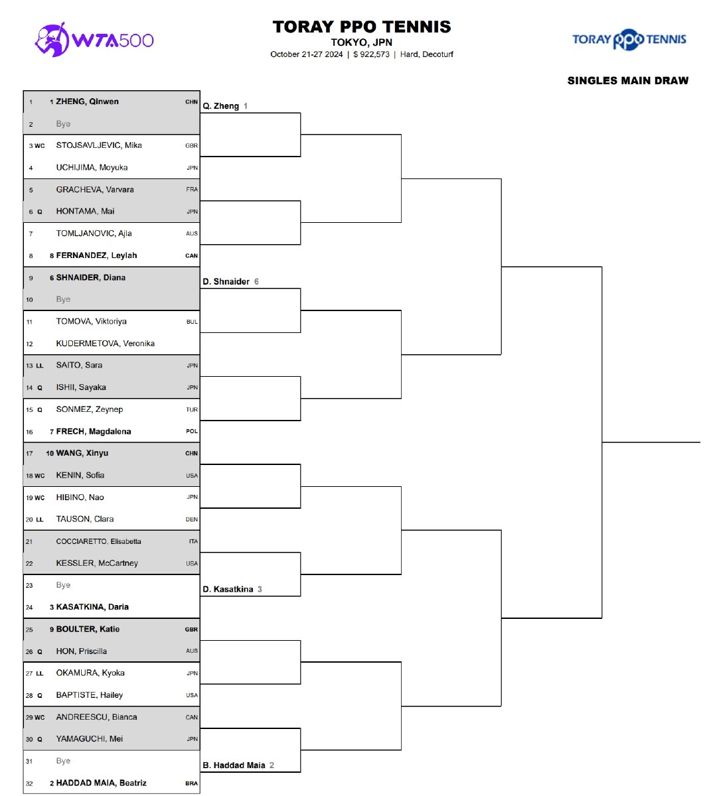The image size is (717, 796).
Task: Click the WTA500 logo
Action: [94, 40]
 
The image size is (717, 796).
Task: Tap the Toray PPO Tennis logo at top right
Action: [629, 39]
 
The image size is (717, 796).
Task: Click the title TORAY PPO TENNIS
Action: [362, 27]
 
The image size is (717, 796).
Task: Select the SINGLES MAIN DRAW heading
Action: [627, 81]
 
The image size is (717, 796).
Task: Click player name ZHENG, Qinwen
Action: [87, 101]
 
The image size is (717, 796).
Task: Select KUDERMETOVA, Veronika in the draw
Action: [105, 344]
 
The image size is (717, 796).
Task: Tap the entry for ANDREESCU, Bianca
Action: [96, 717]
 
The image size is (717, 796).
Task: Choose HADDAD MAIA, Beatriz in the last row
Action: [101, 783]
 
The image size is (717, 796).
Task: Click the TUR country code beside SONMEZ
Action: [192, 410]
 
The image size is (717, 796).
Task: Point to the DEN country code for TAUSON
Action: [192, 519]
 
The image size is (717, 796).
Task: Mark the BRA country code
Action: [191, 783]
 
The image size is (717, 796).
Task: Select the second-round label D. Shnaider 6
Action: [230, 281]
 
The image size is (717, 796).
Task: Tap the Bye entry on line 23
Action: [63, 585]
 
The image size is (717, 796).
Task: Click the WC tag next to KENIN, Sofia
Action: [40, 476]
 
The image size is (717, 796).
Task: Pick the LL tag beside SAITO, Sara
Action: [40, 365]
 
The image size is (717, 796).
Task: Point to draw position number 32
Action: [29, 783]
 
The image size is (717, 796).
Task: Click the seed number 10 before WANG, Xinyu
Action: [50, 454]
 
